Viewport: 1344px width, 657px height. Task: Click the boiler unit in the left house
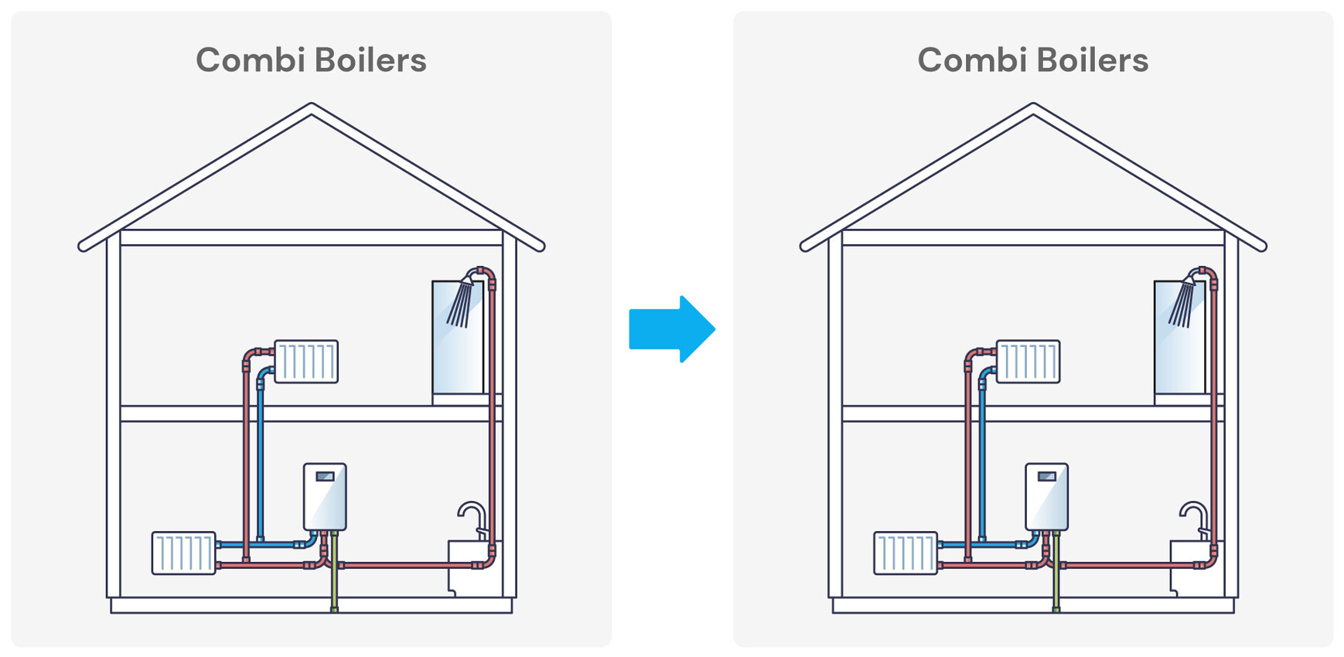coord(325,497)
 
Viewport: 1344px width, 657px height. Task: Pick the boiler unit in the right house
coord(1046,497)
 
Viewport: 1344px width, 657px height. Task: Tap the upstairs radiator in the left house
coord(306,362)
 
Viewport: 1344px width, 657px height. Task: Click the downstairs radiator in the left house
coord(183,553)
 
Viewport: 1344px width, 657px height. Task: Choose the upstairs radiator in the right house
coord(1028,362)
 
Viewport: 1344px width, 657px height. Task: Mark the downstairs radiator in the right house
coord(906,553)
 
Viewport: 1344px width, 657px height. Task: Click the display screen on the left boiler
coord(325,476)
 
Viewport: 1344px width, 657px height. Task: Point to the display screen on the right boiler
coord(1046,476)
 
